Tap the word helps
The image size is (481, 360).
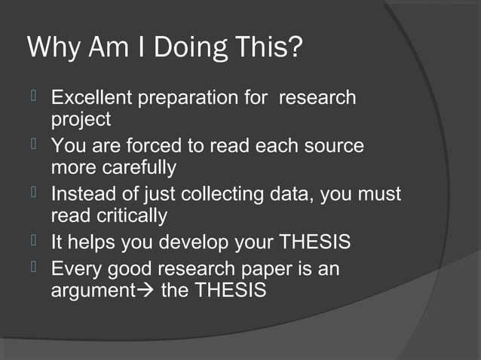tap(95, 243)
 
